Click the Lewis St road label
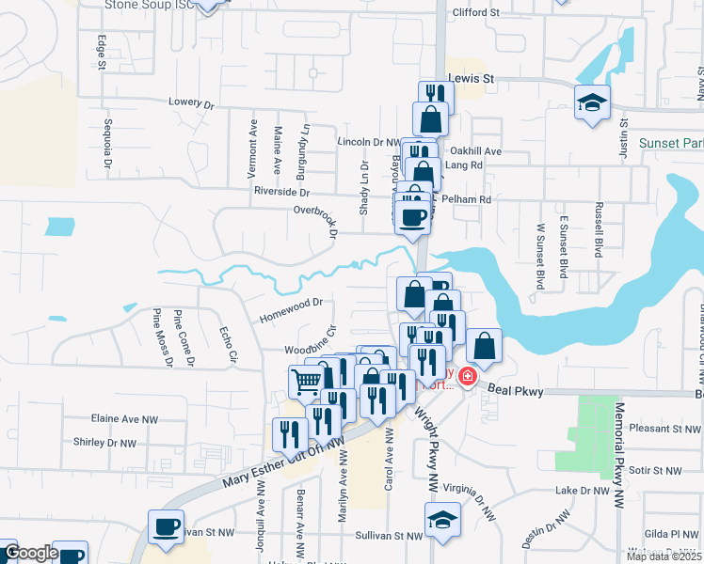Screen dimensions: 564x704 coord(471,79)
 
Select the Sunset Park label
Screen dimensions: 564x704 coord(671,143)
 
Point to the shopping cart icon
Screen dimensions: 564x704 coord(307,380)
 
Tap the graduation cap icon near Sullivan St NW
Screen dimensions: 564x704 coord(440,520)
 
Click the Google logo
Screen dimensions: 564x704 coord(31,553)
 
